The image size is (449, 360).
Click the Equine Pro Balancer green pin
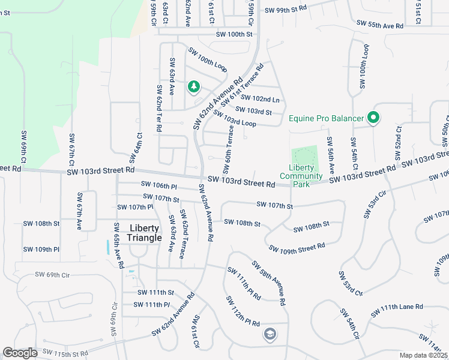373,118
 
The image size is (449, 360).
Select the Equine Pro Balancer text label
326,118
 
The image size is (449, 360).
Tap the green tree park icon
193,88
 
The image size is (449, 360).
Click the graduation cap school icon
270,334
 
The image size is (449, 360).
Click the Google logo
20,353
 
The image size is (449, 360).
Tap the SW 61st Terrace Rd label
242,85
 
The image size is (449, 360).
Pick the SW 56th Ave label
330,155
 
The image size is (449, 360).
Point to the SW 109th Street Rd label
297,247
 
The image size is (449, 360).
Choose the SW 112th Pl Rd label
243,311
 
